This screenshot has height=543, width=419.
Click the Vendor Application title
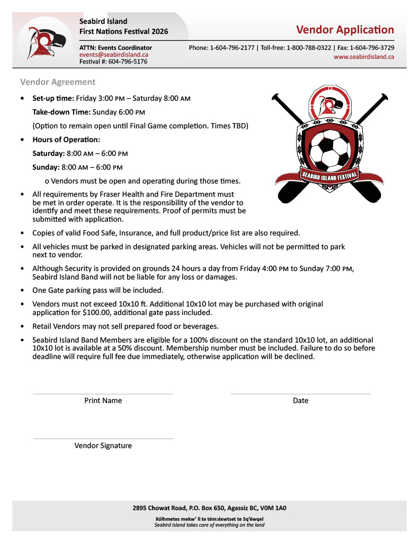[x=345, y=30]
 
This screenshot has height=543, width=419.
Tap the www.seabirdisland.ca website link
[x=363, y=57]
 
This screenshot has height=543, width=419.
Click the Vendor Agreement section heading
[x=58, y=82]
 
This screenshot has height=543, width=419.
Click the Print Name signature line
[x=103, y=393]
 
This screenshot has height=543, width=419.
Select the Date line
[x=300, y=393]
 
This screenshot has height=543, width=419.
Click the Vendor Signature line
[x=103, y=439]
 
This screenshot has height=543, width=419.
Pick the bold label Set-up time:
[x=53, y=99]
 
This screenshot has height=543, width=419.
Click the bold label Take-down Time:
[x=61, y=112]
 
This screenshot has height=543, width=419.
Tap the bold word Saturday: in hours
[x=48, y=154]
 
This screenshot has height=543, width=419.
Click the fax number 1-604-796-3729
[x=369, y=48]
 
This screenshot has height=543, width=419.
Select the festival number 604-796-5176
[x=128, y=62]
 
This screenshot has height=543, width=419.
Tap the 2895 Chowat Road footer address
[x=209, y=508]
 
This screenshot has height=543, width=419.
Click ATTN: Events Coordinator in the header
[x=115, y=48]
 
